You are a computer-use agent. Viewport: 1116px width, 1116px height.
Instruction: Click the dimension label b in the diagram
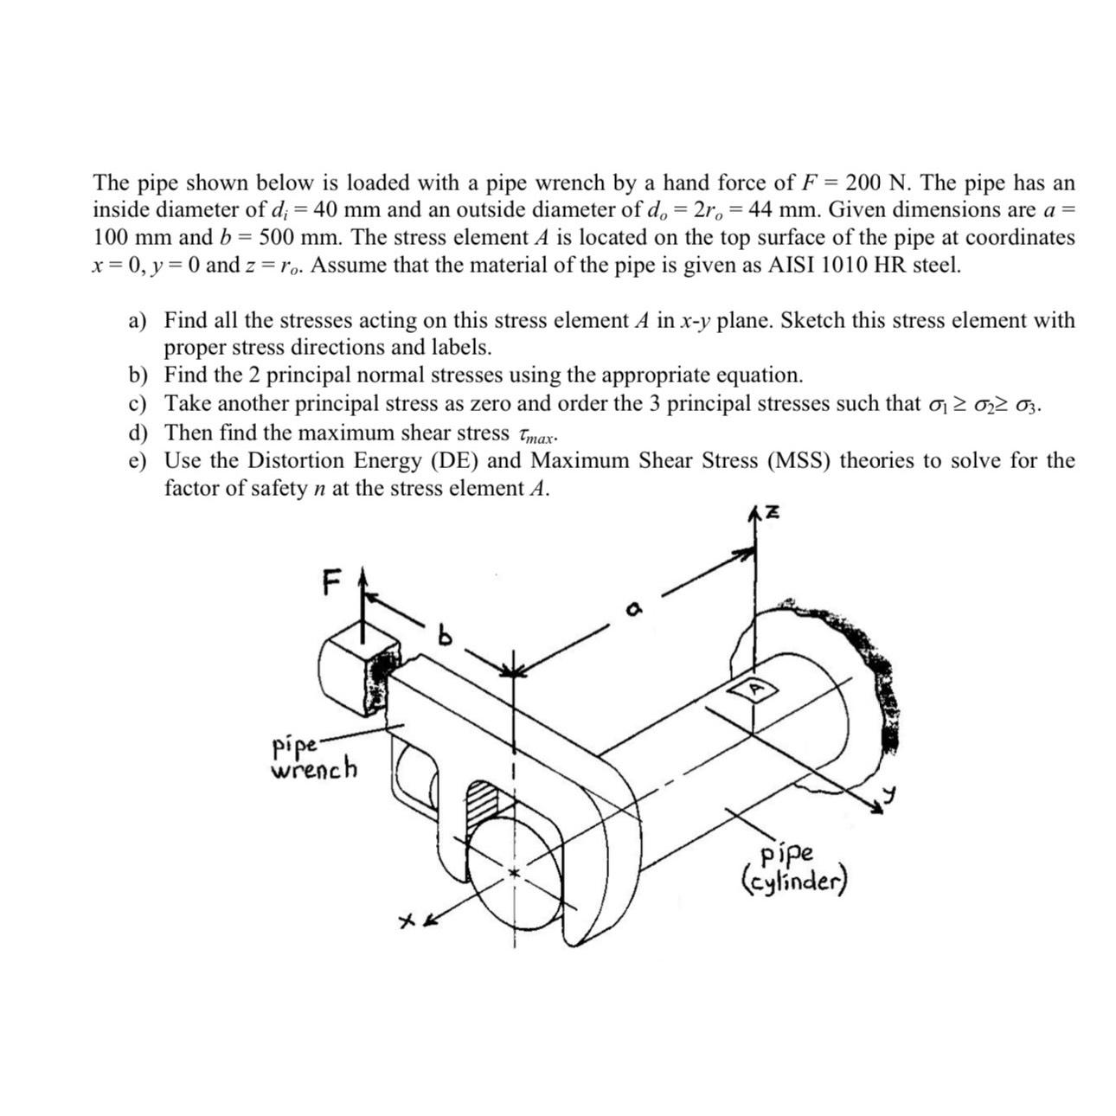tap(445, 637)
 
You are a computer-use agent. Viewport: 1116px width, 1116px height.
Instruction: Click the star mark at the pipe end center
tap(516, 873)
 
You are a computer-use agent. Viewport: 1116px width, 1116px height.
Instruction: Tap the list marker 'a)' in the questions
tap(138, 322)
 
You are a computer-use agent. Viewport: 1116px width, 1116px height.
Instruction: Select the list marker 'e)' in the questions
tap(138, 462)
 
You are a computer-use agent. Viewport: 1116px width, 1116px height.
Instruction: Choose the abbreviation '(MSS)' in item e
tap(799, 461)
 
